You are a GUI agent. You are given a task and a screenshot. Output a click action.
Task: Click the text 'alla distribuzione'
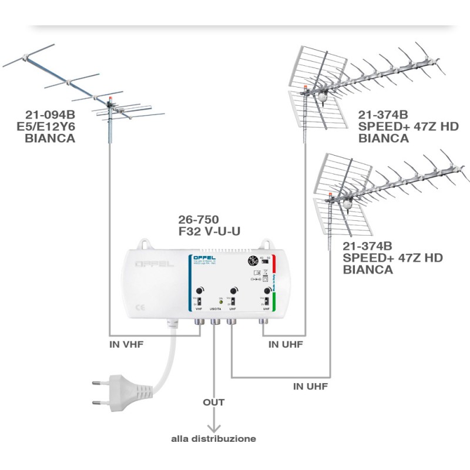tap(213, 438)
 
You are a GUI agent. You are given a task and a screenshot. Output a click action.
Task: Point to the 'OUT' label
tap(214, 402)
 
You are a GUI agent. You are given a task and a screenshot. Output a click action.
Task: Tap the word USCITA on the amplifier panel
tap(215, 308)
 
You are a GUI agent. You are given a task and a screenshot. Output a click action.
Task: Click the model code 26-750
tap(199, 219)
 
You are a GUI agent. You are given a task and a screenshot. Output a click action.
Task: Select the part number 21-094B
tap(50, 115)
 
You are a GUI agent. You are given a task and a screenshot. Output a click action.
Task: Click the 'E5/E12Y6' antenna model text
tap(50, 127)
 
